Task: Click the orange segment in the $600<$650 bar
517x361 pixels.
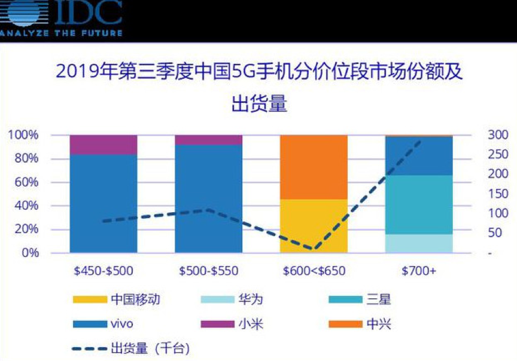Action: click(x=314, y=167)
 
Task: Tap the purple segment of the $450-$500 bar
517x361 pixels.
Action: click(x=104, y=145)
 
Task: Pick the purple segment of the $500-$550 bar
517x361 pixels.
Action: click(x=208, y=140)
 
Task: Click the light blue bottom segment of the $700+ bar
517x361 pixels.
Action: click(x=419, y=243)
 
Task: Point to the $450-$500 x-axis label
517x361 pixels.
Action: click(x=104, y=271)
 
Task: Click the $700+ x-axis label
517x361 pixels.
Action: click(x=419, y=271)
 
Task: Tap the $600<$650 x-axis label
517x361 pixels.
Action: click(x=314, y=271)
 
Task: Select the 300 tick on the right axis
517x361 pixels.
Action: click(x=498, y=135)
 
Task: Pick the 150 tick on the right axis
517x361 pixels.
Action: click(x=498, y=194)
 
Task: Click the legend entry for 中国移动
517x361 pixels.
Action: click(x=120, y=299)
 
